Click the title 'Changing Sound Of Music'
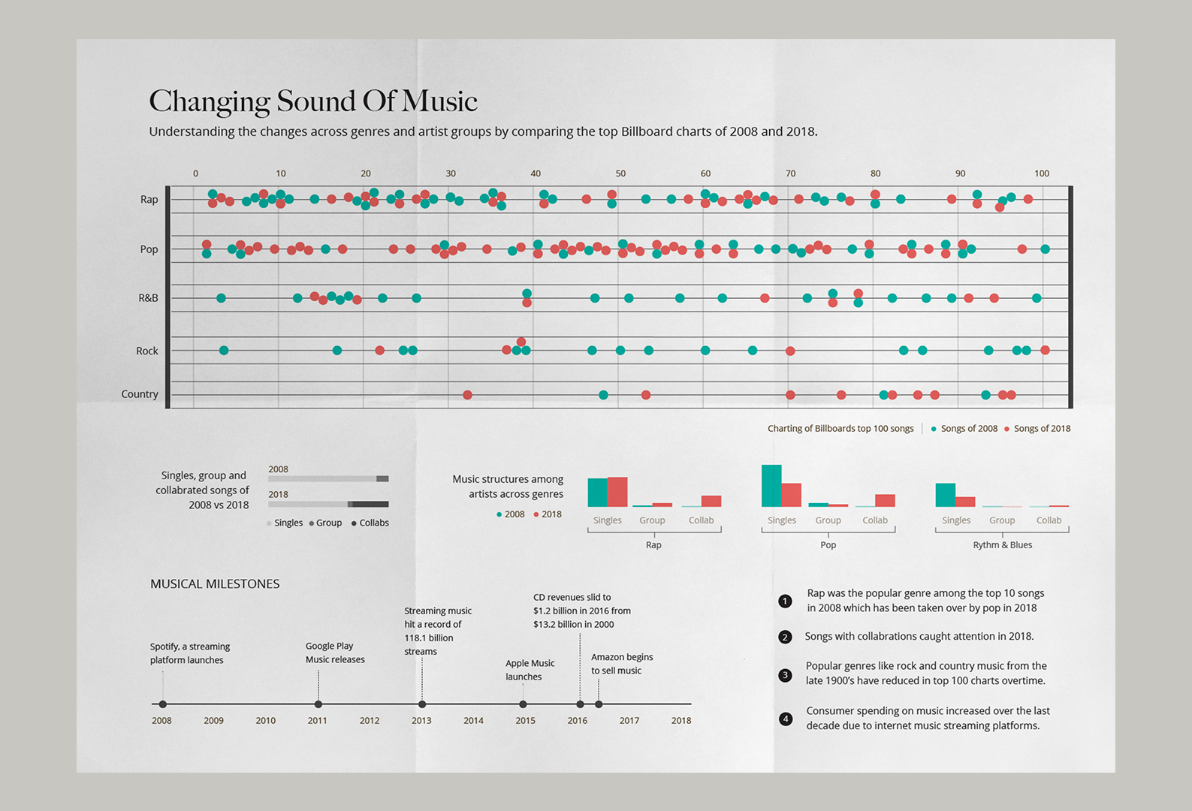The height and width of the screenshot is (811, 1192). tap(313, 101)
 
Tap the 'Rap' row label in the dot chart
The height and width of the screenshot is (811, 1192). tap(149, 200)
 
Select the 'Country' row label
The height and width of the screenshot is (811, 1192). tap(140, 394)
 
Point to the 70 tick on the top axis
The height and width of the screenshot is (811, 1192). tap(790, 173)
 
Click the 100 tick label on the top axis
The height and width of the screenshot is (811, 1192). tap(1041, 173)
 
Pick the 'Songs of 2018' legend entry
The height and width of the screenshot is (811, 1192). tap(1037, 428)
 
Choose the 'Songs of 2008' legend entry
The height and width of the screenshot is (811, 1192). tap(964, 428)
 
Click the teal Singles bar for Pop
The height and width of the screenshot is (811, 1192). tap(771, 486)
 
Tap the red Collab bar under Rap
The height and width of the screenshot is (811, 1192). tap(711, 501)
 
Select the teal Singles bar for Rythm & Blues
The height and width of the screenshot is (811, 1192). tap(945, 495)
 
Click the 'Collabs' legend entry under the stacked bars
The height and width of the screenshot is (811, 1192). tap(370, 523)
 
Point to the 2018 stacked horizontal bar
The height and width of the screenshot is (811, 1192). tap(328, 504)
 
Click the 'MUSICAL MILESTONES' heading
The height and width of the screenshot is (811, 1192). tap(215, 583)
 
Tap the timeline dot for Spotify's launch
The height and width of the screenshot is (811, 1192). tap(163, 704)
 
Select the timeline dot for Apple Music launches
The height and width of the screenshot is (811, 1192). tap(523, 704)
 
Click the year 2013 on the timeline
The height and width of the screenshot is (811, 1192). tap(421, 721)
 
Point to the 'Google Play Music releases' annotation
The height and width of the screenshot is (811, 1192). tap(335, 653)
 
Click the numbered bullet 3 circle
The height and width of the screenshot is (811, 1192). tap(785, 675)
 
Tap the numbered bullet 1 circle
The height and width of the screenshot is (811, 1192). tap(785, 601)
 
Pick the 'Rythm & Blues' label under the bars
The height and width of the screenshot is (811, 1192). tap(1003, 545)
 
